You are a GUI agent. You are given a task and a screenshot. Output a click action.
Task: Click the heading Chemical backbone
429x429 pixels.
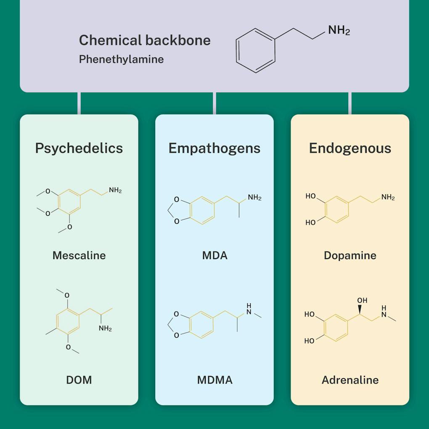145,40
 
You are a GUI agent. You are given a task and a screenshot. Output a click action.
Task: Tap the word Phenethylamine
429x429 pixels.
121,59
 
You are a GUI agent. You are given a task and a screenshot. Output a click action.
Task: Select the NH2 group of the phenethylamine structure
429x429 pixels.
339,31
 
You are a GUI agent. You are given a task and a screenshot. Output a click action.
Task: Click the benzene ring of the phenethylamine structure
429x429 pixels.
256,50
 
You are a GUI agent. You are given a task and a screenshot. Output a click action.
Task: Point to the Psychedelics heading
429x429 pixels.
79,148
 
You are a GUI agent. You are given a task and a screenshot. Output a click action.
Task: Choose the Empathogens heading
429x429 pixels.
214,148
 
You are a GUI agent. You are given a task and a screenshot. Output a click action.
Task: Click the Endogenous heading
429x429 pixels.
350,148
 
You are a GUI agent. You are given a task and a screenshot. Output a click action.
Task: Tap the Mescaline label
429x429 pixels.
79,255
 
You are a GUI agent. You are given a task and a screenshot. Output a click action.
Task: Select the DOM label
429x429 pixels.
79,380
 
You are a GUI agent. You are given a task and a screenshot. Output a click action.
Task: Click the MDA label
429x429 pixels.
214,255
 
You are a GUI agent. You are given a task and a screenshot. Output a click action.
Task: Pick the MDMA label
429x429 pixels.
214,380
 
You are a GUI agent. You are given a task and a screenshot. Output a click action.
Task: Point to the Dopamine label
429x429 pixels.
350,255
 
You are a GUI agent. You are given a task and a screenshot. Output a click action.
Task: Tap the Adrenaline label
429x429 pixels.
350,380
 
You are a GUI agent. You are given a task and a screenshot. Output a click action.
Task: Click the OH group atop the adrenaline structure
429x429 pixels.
362,300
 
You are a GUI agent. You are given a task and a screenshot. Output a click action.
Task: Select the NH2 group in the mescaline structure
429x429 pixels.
115,190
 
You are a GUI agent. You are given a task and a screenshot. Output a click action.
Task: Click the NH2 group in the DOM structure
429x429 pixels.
105,328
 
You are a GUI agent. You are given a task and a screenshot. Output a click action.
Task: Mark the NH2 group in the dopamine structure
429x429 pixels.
388,197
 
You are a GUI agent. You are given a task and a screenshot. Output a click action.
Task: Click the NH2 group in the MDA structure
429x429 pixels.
254,197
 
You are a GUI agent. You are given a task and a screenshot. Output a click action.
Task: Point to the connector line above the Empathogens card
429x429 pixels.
214,103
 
